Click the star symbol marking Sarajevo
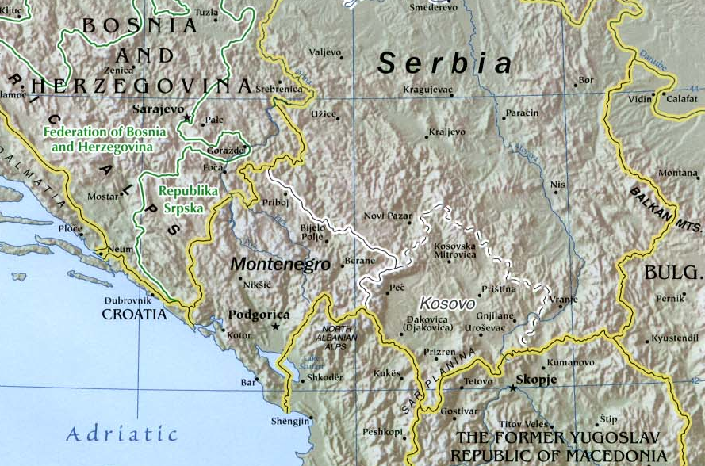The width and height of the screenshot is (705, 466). [x=188, y=118]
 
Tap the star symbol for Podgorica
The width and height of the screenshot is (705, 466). [x=275, y=327]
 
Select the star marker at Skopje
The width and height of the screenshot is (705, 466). [x=513, y=388]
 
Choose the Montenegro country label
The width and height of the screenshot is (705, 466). [x=279, y=265]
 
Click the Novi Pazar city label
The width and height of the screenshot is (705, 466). [x=388, y=216]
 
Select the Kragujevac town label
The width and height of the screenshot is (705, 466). [x=427, y=90]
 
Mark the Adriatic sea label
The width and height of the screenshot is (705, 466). [x=121, y=434]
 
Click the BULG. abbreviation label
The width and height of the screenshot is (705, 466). [x=672, y=273]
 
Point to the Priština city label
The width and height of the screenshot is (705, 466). [x=497, y=289]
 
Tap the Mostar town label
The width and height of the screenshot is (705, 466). [x=102, y=195]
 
